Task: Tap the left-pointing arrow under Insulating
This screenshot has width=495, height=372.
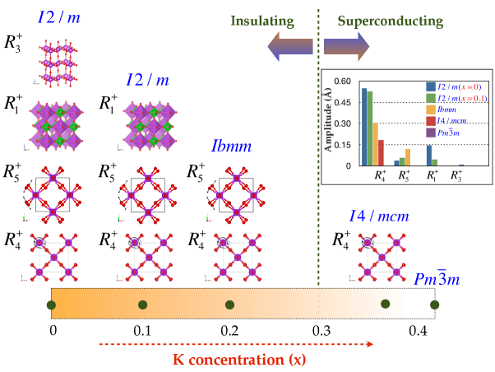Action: click(x=282, y=49)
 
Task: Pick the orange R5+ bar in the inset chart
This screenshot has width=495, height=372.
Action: click(x=408, y=156)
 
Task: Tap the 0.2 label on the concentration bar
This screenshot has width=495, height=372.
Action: click(x=229, y=331)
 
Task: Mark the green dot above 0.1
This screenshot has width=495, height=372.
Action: click(x=141, y=306)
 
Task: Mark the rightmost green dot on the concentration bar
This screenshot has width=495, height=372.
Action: click(x=434, y=306)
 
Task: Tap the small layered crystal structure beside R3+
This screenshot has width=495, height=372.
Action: click(x=58, y=63)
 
